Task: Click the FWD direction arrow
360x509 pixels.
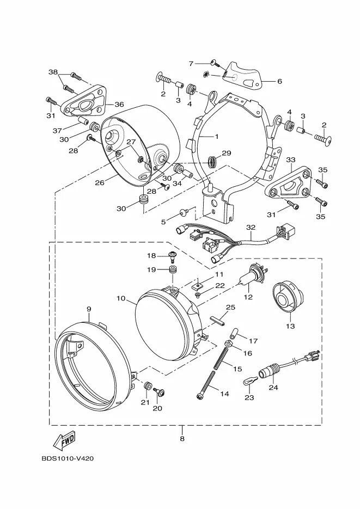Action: (x=64, y=440)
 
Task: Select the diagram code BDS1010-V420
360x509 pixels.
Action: (x=68, y=459)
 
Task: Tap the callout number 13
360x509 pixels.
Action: (x=290, y=326)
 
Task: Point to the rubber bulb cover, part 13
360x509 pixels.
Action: (x=288, y=297)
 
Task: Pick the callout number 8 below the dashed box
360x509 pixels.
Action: (x=182, y=439)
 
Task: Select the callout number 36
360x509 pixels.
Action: (x=119, y=104)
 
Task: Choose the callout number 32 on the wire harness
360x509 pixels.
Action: (x=251, y=228)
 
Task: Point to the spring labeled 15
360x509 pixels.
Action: (x=223, y=358)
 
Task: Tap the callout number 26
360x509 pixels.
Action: (x=100, y=183)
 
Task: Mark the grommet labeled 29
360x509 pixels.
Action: (x=212, y=161)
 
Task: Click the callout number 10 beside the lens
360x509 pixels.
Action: (x=121, y=298)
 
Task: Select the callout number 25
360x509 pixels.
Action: (x=230, y=307)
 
